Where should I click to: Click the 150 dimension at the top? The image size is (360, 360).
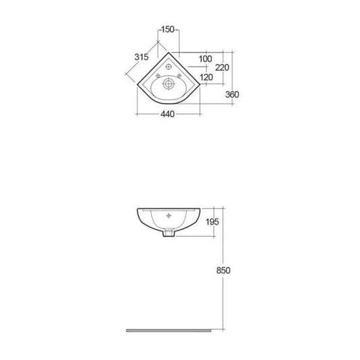168,30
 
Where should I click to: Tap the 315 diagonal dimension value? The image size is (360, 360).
141,58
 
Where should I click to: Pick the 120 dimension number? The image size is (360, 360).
207,78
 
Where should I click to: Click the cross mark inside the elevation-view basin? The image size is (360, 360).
168,217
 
